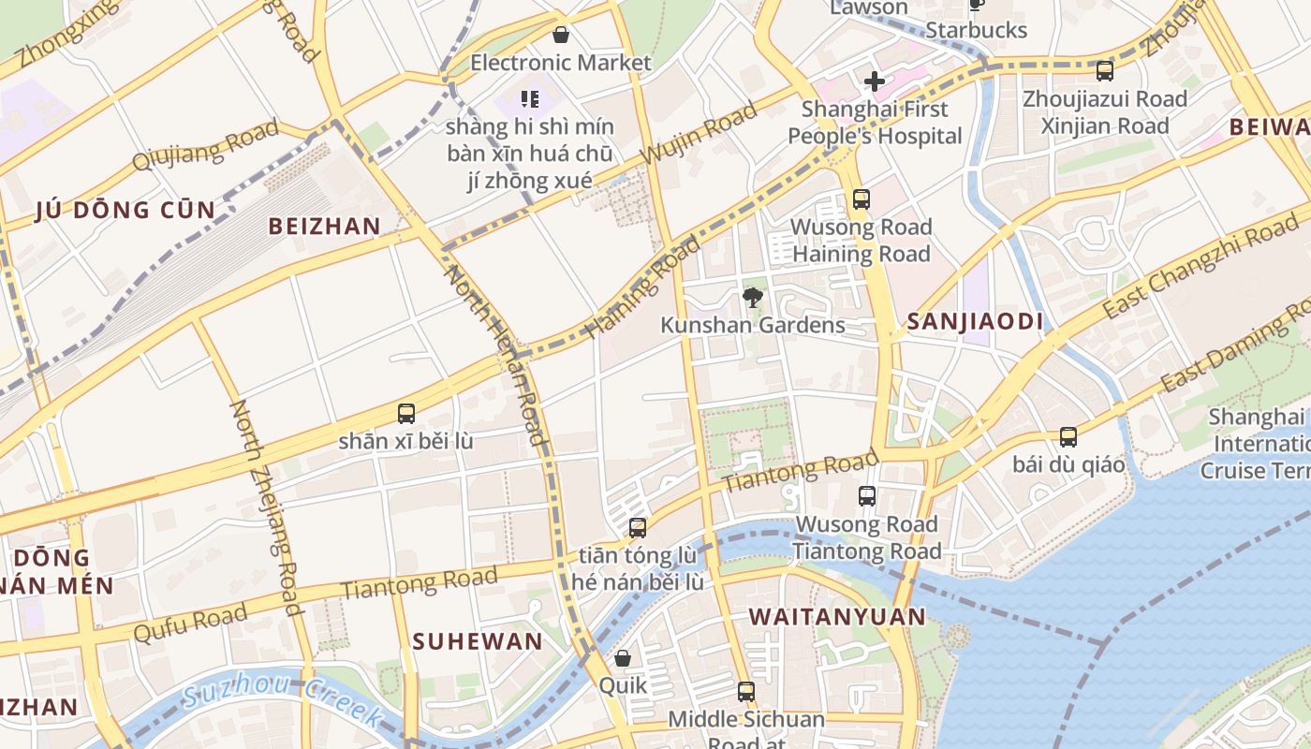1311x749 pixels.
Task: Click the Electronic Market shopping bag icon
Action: (561, 36)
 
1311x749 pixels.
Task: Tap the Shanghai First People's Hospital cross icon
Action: (875, 81)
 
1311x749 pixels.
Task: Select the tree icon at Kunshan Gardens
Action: (752, 298)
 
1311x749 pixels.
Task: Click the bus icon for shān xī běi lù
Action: (406, 413)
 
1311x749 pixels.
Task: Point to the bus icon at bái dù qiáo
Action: (1068, 436)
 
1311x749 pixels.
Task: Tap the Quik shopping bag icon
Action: (623, 658)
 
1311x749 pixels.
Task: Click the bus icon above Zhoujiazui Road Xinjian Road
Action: (1105, 70)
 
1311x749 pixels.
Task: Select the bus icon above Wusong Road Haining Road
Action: (861, 199)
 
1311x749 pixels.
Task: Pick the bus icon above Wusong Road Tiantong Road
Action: (867, 496)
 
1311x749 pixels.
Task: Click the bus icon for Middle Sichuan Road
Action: (746, 692)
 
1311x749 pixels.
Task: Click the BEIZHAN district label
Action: (324, 226)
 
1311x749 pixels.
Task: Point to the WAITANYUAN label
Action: (837, 617)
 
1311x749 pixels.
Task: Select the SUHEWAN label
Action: (478, 641)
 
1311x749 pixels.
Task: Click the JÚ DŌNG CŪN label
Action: (125, 210)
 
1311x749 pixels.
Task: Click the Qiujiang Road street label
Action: (205, 145)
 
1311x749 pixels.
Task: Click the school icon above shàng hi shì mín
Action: (530, 98)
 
